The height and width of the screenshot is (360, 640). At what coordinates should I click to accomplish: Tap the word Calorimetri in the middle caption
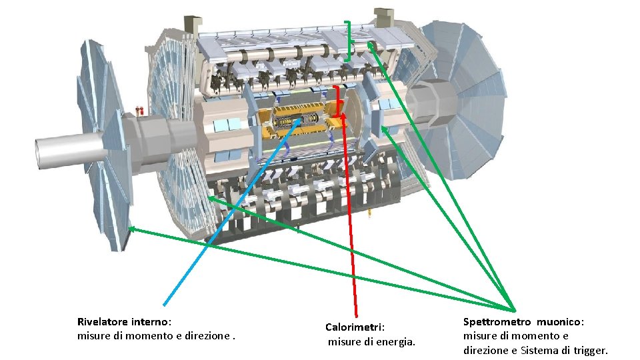(x=354, y=327)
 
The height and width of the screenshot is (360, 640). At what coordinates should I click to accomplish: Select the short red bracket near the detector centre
(x=338, y=100)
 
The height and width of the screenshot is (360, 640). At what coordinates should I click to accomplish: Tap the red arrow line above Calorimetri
(x=349, y=220)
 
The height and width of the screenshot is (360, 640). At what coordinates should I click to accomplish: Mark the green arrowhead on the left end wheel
(x=132, y=229)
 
